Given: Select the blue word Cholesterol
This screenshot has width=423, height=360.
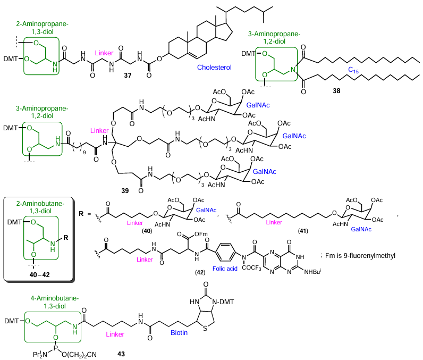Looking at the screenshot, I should pos(215,68).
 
